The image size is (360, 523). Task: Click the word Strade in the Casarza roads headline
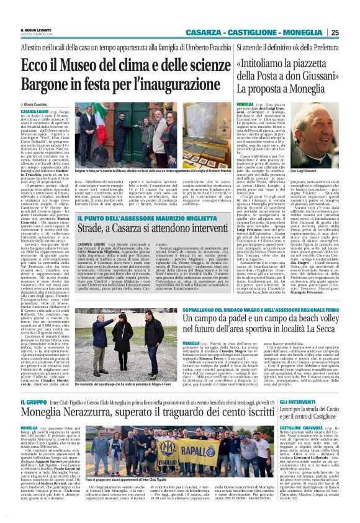(92, 213)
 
